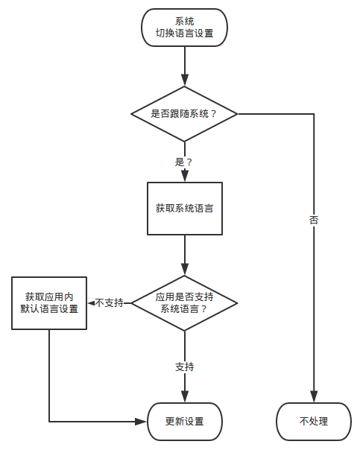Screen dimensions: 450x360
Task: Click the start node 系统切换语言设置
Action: click(184, 28)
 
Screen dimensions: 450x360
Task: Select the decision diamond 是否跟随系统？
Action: click(184, 114)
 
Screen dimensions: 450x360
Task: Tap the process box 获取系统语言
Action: click(184, 208)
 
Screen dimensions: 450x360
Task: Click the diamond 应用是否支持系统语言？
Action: click(184, 302)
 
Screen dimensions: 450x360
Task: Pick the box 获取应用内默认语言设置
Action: click(49, 302)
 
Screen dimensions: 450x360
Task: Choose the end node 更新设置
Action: click(184, 422)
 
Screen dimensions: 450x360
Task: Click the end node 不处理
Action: click(314, 422)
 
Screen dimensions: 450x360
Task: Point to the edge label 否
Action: click(314, 221)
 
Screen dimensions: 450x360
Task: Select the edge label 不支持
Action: click(109, 303)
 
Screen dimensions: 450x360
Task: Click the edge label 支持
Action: click(184, 367)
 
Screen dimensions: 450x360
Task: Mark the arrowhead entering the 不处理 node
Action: click(314, 398)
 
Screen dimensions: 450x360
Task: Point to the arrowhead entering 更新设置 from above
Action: click(184, 398)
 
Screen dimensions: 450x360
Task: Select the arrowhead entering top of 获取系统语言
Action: click(184, 177)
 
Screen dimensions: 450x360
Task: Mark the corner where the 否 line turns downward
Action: click(314, 114)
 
